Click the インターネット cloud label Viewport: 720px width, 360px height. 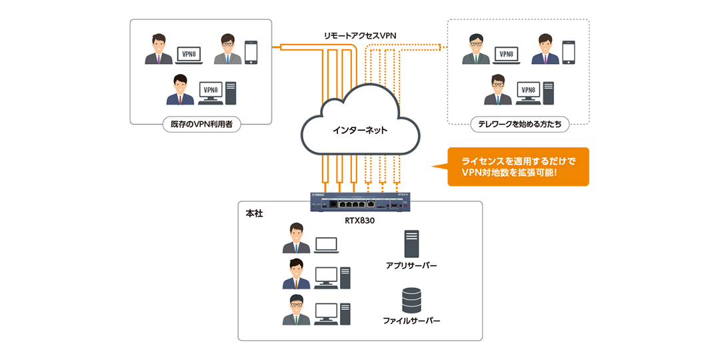[x=360, y=130]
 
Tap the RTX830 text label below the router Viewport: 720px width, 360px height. [x=359, y=220]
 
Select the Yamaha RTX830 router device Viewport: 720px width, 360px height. [x=359, y=201]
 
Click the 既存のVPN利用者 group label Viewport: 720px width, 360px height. [x=201, y=124]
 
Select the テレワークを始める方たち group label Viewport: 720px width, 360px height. [x=519, y=124]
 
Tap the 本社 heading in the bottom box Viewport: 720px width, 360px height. [x=254, y=213]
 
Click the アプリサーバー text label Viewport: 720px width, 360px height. [x=411, y=265]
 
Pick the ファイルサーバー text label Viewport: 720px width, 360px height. [x=411, y=321]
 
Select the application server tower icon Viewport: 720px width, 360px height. [x=411, y=243]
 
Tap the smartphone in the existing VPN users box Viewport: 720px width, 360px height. [x=251, y=53]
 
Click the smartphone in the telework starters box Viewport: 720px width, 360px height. [x=568, y=53]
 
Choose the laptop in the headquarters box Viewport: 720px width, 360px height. [x=326, y=245]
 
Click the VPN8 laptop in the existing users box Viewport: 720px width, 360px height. [x=189, y=55]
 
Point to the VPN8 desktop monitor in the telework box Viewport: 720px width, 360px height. [x=529, y=92]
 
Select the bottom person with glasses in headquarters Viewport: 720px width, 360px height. [x=296, y=310]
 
